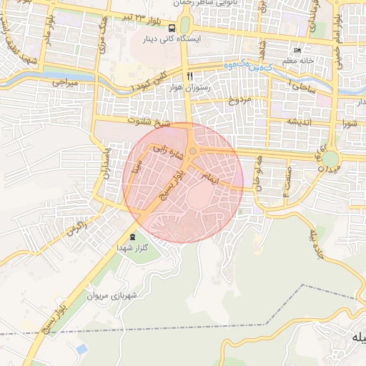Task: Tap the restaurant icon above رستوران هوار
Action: click(x=189, y=75)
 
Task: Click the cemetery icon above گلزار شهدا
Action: click(x=132, y=237)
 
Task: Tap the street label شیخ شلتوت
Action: click(x=149, y=122)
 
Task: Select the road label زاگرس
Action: click(x=76, y=229)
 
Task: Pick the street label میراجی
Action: click(x=64, y=83)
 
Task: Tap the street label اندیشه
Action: click(x=302, y=122)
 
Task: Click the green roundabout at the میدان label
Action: click(x=330, y=157)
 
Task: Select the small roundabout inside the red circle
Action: click(x=193, y=151)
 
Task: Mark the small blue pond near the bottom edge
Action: click(x=81, y=349)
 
